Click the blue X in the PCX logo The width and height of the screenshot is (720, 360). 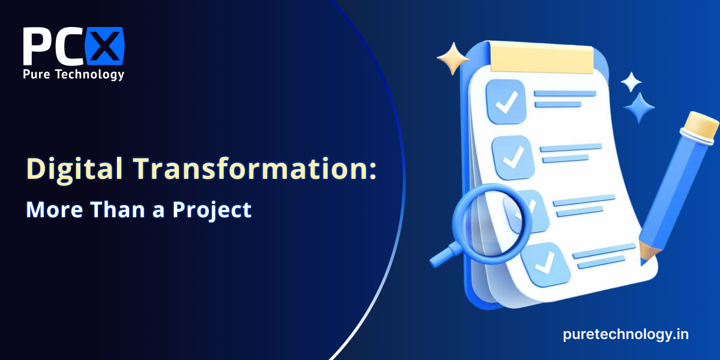(x=104, y=46)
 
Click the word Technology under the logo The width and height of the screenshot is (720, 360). (x=89, y=74)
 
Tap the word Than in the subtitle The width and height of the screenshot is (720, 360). (x=118, y=209)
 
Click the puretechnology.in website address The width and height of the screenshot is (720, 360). (x=625, y=335)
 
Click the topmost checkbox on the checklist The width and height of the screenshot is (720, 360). (x=506, y=101)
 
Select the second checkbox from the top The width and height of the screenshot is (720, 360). (x=513, y=157)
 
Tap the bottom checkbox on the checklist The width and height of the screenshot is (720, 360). (x=545, y=265)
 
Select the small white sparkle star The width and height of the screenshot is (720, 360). (x=631, y=82)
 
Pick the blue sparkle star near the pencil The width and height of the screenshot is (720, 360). (x=639, y=107)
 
